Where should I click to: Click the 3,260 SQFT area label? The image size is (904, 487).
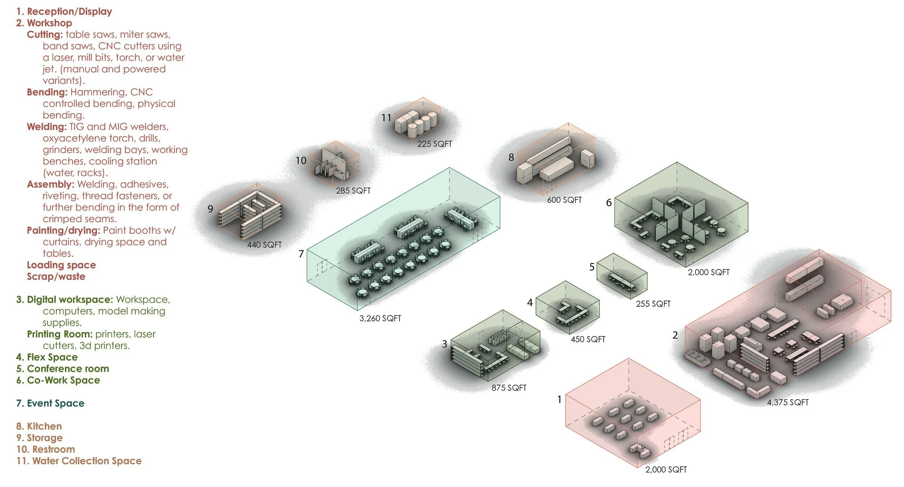[380, 318]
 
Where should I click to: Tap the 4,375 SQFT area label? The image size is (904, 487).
[788, 402]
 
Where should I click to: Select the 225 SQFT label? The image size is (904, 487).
[434, 144]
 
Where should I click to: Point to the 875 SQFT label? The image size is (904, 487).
[509, 388]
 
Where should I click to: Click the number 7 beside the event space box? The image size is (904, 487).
[301, 254]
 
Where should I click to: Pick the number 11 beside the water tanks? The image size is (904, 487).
[386, 118]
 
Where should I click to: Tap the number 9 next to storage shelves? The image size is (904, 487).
[210, 209]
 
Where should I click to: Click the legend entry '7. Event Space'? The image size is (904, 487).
[50, 403]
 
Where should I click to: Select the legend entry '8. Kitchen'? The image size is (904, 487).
[39, 426]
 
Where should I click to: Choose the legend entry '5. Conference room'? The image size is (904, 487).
[63, 368]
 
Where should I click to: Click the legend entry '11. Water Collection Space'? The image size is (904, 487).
[79, 461]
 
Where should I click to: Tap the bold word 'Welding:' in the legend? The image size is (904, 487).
[47, 127]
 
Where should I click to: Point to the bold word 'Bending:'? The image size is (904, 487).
[47, 92]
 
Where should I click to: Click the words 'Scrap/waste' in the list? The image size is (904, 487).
[56, 276]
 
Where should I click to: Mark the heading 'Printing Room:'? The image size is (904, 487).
[60, 334]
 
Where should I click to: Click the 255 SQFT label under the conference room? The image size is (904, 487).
[653, 304]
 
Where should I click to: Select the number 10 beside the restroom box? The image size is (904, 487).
[301, 161]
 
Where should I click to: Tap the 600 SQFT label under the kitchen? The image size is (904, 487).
[564, 200]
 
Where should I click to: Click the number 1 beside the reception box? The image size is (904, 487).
[559, 399]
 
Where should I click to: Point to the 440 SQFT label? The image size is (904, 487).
[264, 245]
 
